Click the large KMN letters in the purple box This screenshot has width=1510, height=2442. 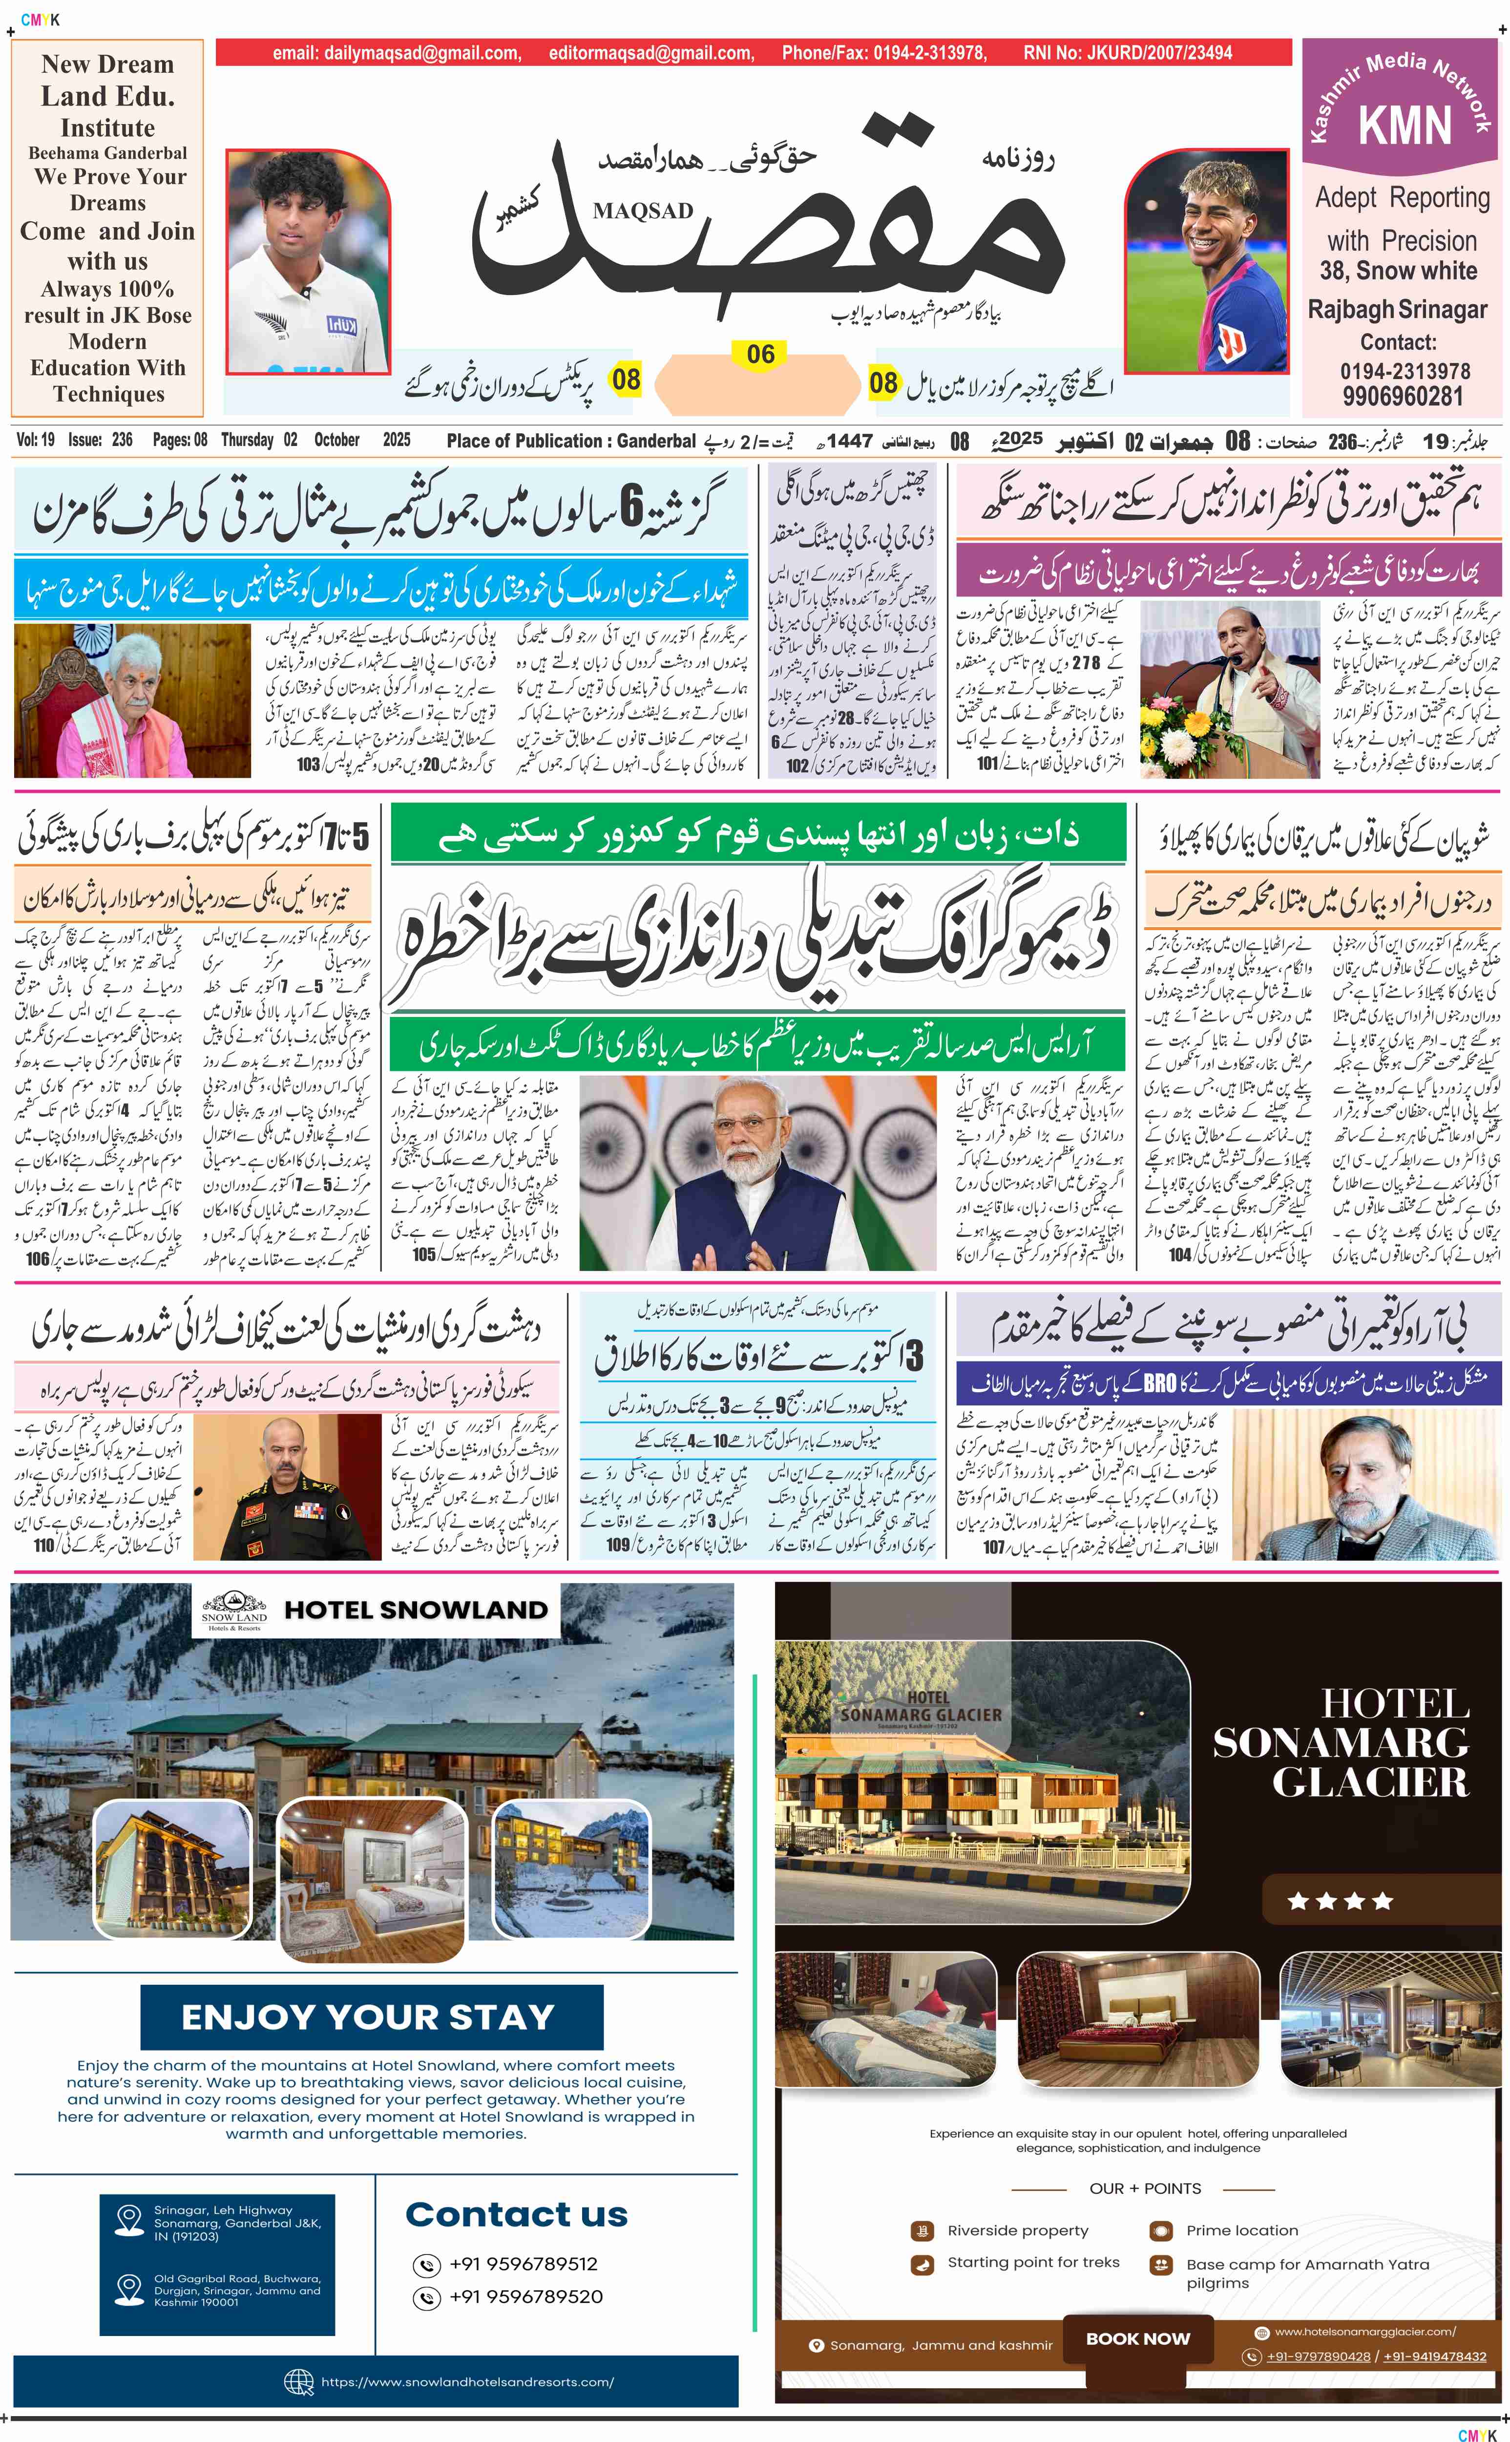pyautogui.click(x=1404, y=126)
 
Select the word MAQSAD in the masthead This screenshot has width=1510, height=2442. pyautogui.click(x=642, y=211)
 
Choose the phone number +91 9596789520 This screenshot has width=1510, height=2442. pyautogui.click(x=525, y=2296)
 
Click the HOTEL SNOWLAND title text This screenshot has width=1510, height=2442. pyautogui.click(x=416, y=1610)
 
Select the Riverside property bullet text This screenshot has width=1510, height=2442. pyautogui.click(x=1018, y=2230)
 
